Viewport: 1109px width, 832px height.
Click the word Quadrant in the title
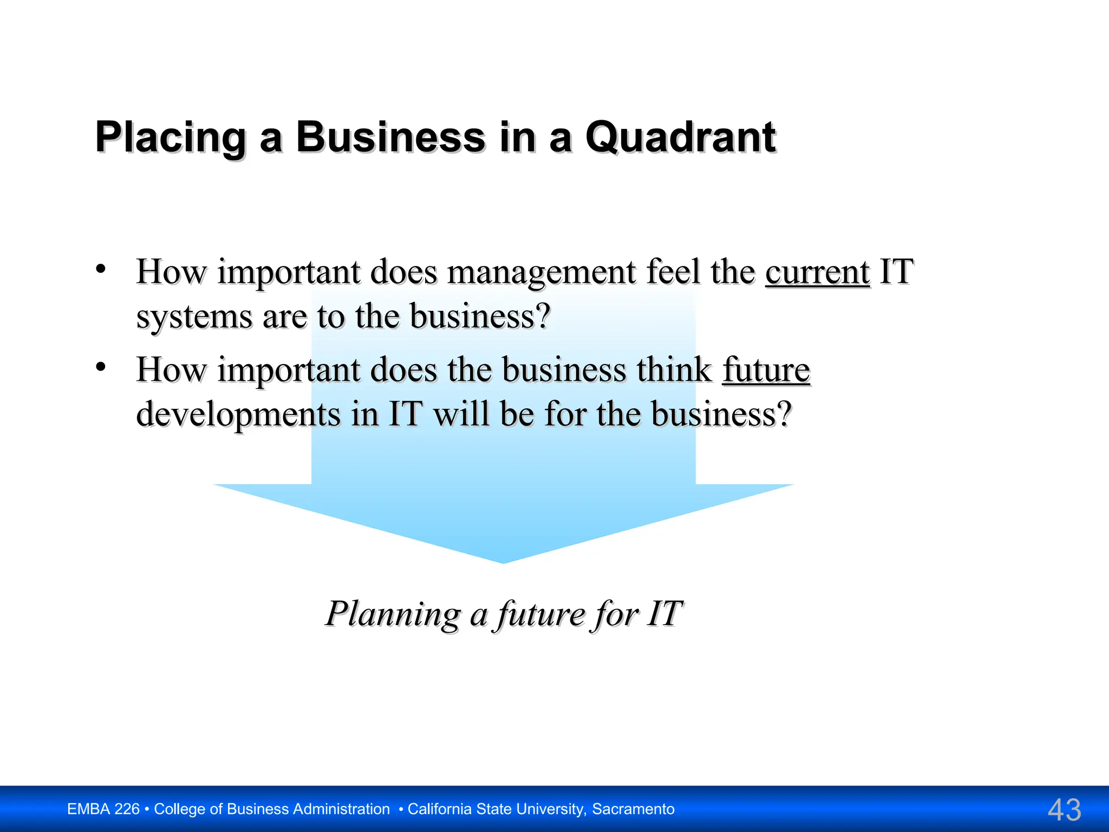pyautogui.click(x=681, y=138)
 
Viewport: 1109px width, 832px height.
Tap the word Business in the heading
pyautogui.click(x=390, y=138)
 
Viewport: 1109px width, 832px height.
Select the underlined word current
pyautogui.click(x=817, y=272)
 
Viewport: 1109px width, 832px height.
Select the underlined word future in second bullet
pyautogui.click(x=766, y=370)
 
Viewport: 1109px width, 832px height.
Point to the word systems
pyautogui.click(x=194, y=317)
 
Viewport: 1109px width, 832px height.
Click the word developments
pyautogui.click(x=238, y=415)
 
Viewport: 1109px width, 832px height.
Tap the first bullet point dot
pyautogui.click(x=101, y=269)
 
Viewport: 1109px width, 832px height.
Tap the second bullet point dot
pyautogui.click(x=101, y=367)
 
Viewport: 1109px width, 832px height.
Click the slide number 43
pyautogui.click(x=1064, y=810)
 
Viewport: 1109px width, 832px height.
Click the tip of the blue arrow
pyautogui.click(x=504, y=561)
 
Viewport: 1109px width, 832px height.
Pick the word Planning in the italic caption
pyautogui.click(x=393, y=614)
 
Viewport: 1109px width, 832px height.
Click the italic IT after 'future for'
pyautogui.click(x=664, y=614)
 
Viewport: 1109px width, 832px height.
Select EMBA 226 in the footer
pyautogui.click(x=103, y=809)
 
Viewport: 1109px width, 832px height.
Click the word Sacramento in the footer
pyautogui.click(x=633, y=809)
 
